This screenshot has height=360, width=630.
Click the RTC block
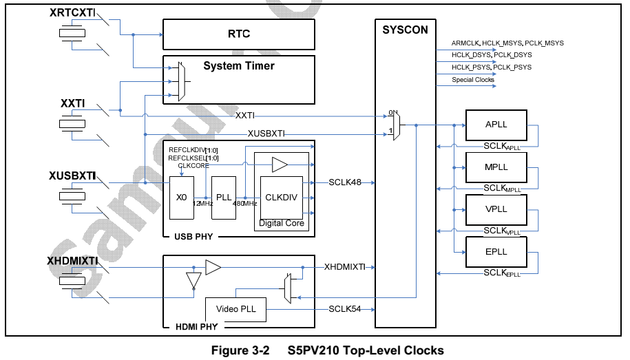click(238, 34)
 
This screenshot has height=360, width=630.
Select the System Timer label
click(238, 66)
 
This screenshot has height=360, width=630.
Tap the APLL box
click(496, 125)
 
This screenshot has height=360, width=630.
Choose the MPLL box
click(496, 167)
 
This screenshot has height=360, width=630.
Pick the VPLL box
click(496, 209)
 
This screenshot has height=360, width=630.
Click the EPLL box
click(496, 252)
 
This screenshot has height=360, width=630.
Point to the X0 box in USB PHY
click(181, 197)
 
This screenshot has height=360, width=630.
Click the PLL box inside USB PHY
click(223, 197)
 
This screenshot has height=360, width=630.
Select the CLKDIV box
click(281, 197)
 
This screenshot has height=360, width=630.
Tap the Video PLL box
click(235, 309)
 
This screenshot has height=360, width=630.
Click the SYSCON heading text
click(405, 30)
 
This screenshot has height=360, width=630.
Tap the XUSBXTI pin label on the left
click(72, 176)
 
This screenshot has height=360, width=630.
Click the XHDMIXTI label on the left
click(72, 261)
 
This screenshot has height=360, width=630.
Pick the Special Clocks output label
click(473, 80)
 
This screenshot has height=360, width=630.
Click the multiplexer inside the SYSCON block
click(395, 125)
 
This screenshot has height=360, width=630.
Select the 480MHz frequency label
click(244, 203)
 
